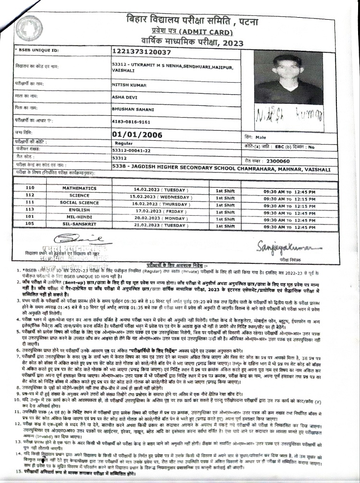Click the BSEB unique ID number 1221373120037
[x=141, y=51]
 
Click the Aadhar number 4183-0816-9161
[x=132, y=122]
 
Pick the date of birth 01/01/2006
[x=137, y=135]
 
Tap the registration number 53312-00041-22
[x=131, y=150]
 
